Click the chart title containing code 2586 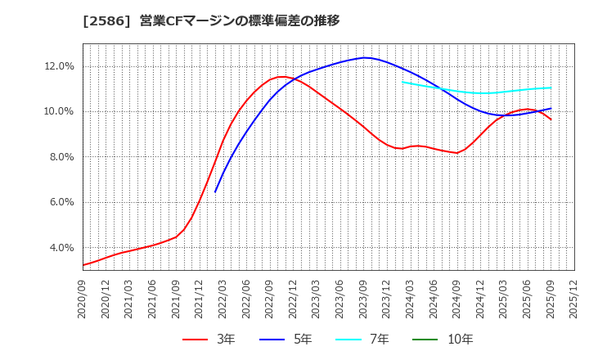pos(211,20)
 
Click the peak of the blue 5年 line pos(364,57)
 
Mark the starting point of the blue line pos(215,191)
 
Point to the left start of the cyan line pos(402,81)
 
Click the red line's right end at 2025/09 pos(551,119)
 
